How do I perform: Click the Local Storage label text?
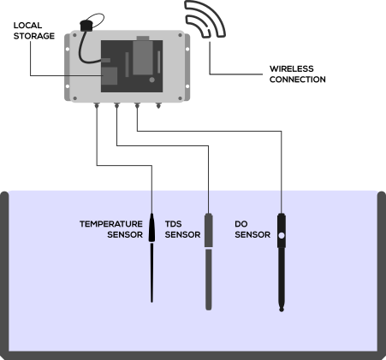(x=34, y=31)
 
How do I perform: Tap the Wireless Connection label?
(x=298, y=74)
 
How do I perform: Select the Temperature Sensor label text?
(x=111, y=229)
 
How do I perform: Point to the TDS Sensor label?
(x=182, y=229)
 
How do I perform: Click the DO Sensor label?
(x=252, y=229)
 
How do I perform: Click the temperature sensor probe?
(x=151, y=257)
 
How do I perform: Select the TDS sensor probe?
(x=209, y=262)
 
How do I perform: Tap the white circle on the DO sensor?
(x=282, y=236)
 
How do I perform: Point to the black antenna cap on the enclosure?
(x=86, y=26)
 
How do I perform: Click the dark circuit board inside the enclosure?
(x=132, y=66)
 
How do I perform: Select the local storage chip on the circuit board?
(x=110, y=76)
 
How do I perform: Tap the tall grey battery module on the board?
(x=143, y=56)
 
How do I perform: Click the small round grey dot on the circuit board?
(x=152, y=80)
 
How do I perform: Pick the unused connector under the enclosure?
(x=158, y=105)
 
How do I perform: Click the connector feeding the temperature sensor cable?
(x=97, y=105)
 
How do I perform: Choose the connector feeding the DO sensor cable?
(x=137, y=105)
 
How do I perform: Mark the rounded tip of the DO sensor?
(x=282, y=309)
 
